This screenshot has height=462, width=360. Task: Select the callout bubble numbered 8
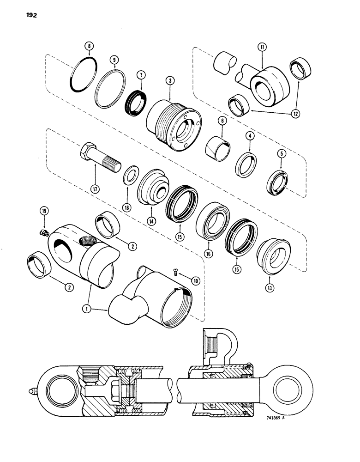tap(89, 46)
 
